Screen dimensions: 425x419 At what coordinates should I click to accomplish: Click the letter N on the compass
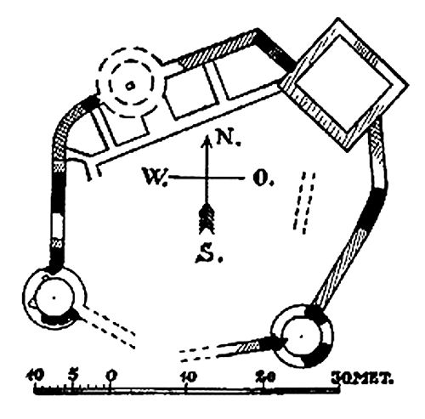(228, 139)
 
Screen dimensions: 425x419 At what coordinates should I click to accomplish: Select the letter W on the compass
(155, 177)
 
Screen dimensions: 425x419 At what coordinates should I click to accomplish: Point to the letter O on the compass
(261, 178)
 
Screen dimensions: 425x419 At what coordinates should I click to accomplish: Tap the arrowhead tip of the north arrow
(207, 136)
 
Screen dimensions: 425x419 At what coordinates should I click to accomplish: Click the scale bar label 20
(265, 377)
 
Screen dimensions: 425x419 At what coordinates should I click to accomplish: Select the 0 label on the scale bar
(111, 376)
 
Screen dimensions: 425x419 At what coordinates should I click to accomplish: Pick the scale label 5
(73, 375)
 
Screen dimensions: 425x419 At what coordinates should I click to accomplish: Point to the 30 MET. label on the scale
(363, 378)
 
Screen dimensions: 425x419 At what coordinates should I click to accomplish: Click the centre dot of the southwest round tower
(54, 297)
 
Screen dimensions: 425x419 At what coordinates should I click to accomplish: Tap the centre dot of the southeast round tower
(301, 337)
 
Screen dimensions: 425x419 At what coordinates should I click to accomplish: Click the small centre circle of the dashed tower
(130, 85)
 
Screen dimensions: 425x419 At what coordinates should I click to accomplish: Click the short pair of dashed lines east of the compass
(304, 203)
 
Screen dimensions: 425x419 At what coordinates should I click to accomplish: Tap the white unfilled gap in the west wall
(57, 227)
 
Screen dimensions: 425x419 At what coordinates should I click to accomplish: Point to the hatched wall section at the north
(218, 49)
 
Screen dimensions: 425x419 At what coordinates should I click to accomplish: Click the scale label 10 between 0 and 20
(188, 377)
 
